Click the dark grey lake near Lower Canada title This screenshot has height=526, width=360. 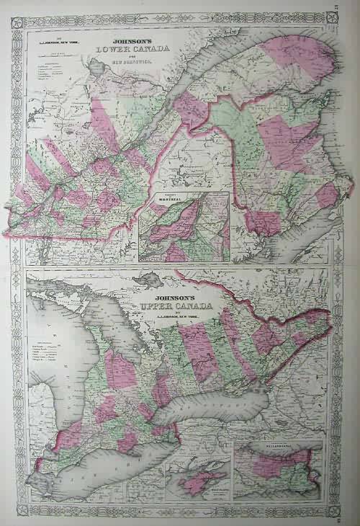[96, 70]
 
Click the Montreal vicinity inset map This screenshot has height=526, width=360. [184, 227]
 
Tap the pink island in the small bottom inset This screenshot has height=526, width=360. [194, 483]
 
